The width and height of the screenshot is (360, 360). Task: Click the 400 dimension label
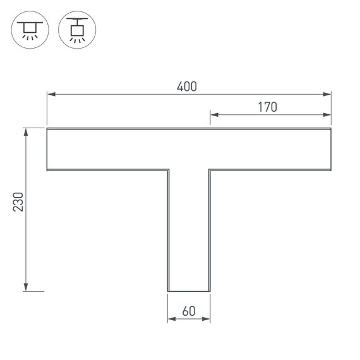tap(187, 87)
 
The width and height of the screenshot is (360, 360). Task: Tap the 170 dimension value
tap(267, 107)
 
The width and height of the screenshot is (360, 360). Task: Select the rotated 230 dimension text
tap(19, 201)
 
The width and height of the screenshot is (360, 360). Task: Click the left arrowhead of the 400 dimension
tap(50, 95)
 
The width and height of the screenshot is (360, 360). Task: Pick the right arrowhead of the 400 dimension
tap(328, 95)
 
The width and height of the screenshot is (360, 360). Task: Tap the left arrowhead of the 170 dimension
tap(213, 115)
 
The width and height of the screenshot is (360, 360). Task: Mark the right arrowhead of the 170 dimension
tap(328, 115)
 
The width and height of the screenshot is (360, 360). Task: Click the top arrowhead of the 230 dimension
tap(26, 131)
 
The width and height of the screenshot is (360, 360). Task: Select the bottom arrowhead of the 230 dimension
tap(26, 288)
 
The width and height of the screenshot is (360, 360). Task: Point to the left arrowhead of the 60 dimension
tap(171, 320)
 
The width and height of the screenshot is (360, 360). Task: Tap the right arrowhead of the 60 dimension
tap(207, 320)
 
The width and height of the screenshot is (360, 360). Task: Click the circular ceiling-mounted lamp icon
tap(28, 30)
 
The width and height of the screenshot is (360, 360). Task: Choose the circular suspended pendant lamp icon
tap(75, 30)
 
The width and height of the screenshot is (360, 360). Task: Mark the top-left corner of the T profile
tap(47, 128)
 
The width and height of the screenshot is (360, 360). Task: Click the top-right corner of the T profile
tap(331, 128)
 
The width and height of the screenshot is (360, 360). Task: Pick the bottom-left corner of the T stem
tap(168, 291)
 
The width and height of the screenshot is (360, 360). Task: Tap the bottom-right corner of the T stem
tap(210, 291)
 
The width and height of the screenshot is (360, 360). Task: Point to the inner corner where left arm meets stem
tap(168, 170)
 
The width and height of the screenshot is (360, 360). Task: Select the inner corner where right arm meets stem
tap(210, 170)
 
